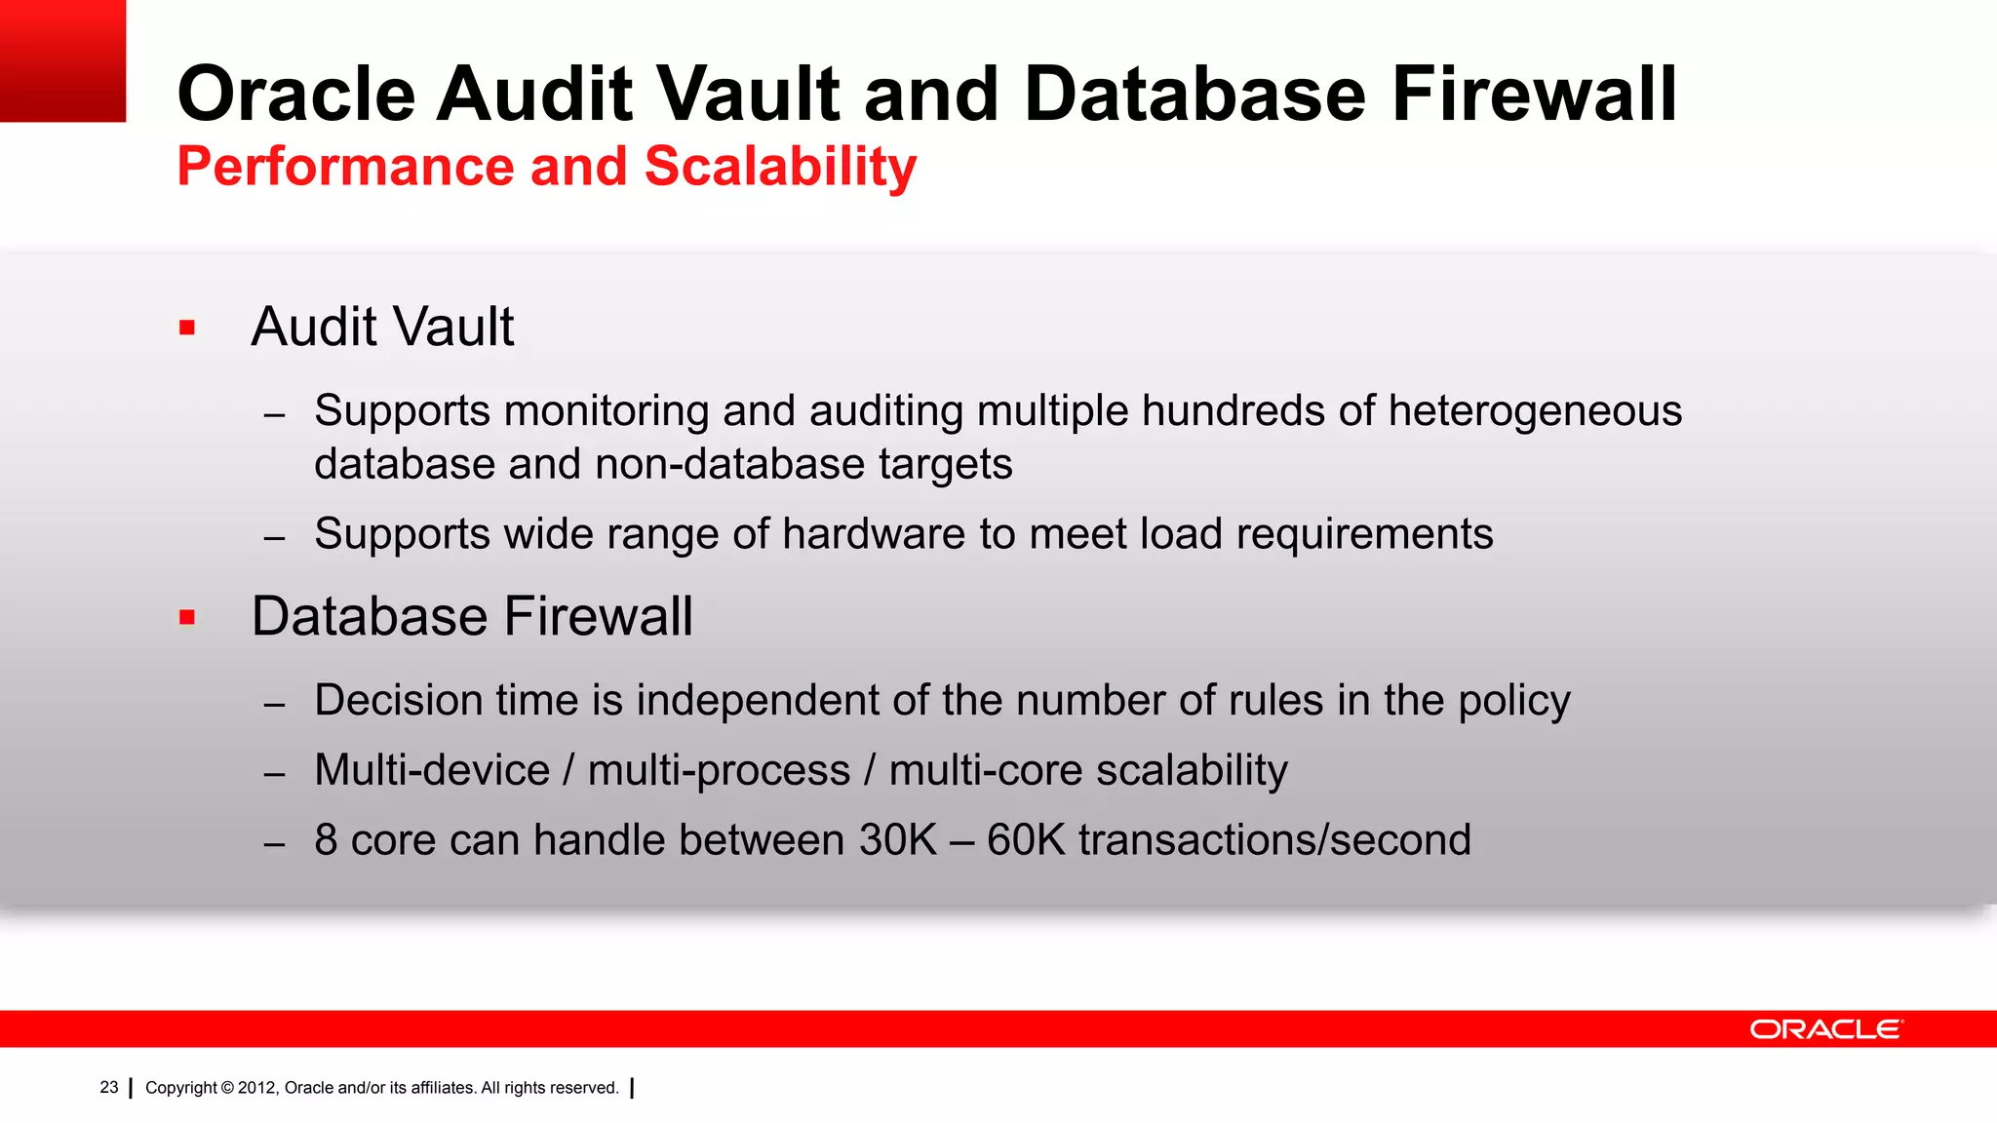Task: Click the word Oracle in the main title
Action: point(296,95)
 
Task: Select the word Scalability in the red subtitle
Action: point(780,167)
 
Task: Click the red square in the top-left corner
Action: point(62,60)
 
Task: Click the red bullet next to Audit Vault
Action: point(187,328)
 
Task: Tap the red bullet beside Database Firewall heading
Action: point(187,617)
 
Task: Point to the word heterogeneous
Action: point(1535,411)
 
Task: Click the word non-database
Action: point(729,464)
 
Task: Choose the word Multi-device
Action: point(432,771)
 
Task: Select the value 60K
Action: point(1026,840)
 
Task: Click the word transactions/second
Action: point(1274,840)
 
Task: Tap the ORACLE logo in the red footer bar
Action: point(1825,1029)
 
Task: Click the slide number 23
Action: point(108,1087)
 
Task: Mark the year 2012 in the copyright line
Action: point(257,1088)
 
